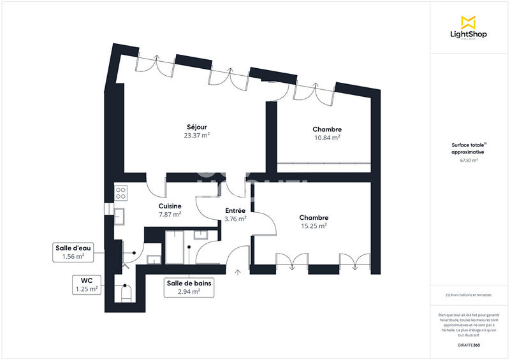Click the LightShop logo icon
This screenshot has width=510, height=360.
tap(468, 22)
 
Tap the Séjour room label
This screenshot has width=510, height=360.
tap(197, 127)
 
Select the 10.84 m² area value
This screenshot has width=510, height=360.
tap(326, 138)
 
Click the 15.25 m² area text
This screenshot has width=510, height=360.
tap(313, 226)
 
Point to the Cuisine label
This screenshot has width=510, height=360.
tap(170, 206)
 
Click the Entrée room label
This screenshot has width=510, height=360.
tap(236, 210)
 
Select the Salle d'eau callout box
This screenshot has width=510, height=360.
tap(73, 252)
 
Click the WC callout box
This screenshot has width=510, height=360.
tap(86, 284)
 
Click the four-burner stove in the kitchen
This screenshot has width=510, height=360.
tap(121, 192)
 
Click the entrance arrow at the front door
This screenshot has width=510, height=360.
tap(238, 273)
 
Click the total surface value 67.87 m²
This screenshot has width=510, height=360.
tap(469, 161)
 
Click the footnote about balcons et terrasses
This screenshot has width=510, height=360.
tap(469, 295)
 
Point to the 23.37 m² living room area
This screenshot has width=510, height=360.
tap(197, 136)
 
